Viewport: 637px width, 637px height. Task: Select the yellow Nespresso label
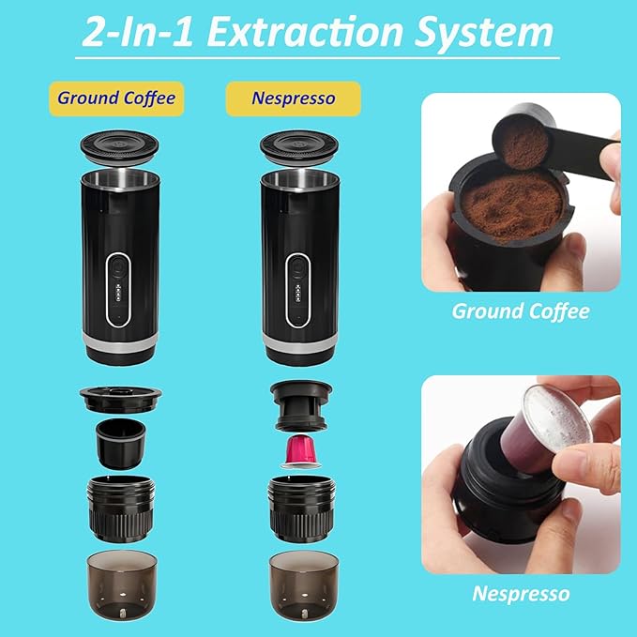[x=293, y=97]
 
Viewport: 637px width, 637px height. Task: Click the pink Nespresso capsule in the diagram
[x=299, y=451]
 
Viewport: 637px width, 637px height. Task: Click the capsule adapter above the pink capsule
[x=299, y=403]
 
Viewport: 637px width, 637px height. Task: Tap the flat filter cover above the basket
[x=121, y=396]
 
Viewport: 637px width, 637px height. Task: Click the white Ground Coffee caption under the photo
[x=521, y=311]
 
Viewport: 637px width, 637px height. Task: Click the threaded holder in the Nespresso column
[x=299, y=508]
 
